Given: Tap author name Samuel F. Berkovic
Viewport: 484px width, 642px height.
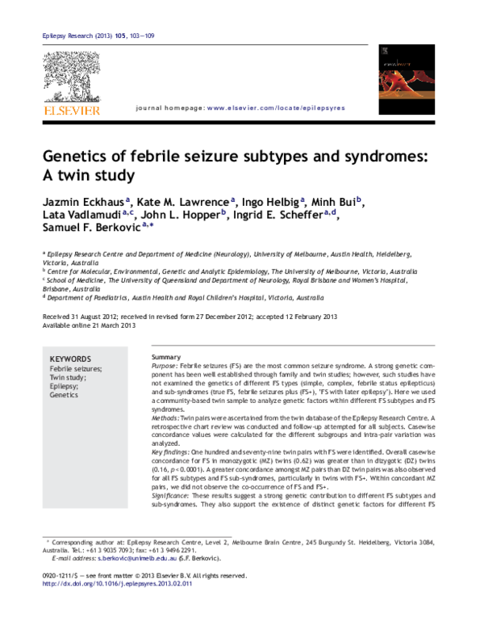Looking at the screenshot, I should [x=90, y=229].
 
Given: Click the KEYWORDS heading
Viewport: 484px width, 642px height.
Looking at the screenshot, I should [x=70, y=359].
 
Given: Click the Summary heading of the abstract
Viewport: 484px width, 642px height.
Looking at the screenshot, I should [x=165, y=357].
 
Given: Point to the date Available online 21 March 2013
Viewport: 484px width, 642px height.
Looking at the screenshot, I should [x=89, y=326].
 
